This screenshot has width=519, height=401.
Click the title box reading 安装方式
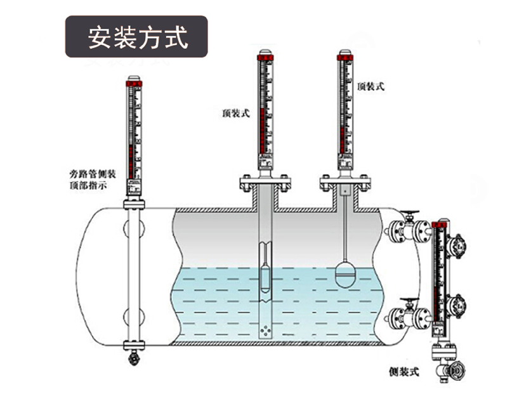point(137,37)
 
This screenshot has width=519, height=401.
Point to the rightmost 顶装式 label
point(371,86)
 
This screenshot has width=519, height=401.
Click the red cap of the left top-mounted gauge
point(266,58)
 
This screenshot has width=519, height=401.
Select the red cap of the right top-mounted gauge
point(345,58)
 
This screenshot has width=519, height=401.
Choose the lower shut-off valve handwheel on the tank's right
point(412,302)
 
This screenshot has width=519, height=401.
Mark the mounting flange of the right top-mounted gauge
point(345,184)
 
